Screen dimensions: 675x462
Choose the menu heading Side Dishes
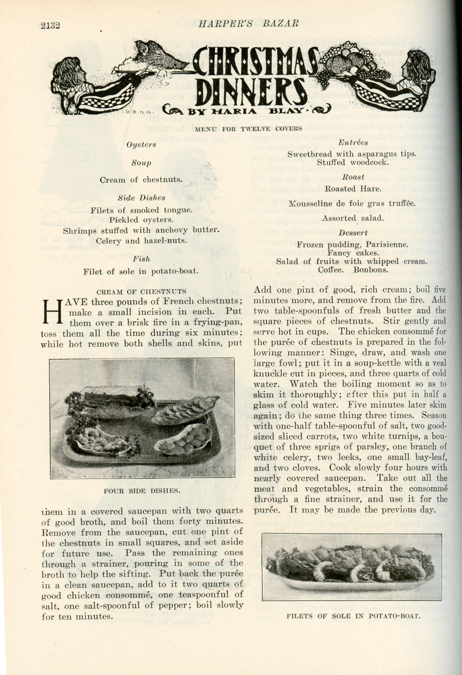click(x=141, y=198)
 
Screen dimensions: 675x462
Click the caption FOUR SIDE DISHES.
click(x=141, y=491)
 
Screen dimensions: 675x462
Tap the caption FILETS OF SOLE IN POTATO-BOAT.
click(x=353, y=616)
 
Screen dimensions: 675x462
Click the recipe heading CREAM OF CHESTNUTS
click(x=141, y=291)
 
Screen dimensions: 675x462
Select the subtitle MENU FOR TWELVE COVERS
click(x=249, y=129)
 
